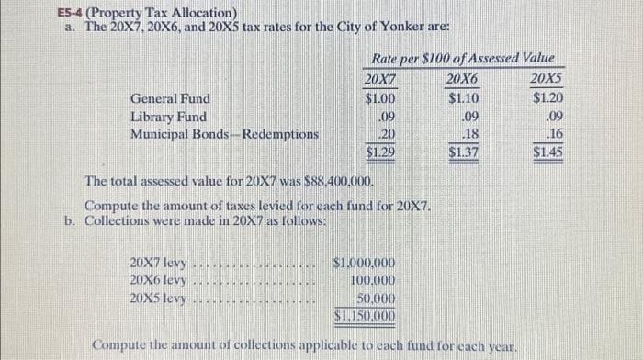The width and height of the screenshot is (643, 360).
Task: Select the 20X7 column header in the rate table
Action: pyautogui.click(x=380, y=79)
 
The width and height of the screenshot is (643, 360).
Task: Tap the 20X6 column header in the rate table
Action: pyautogui.click(x=463, y=79)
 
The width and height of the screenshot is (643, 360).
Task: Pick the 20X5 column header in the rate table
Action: pyautogui.click(x=547, y=79)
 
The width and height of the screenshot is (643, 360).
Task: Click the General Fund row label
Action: pyautogui.click(x=169, y=98)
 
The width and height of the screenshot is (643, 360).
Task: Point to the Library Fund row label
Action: pyautogui.click(x=167, y=117)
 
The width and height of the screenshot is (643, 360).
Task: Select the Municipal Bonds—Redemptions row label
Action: pyautogui.click(x=224, y=134)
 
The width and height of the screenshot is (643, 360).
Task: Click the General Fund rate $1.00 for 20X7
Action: pyautogui.click(x=380, y=98)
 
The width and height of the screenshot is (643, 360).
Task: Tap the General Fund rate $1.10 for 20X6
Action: pyautogui.click(x=464, y=98)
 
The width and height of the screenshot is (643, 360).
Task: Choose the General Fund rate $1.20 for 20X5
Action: pyautogui.click(x=548, y=98)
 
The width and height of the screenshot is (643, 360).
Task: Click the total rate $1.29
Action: pyautogui.click(x=380, y=152)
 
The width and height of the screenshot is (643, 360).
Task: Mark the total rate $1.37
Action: pyautogui.click(x=464, y=152)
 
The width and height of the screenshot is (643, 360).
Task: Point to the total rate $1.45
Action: pyautogui.click(x=548, y=152)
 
